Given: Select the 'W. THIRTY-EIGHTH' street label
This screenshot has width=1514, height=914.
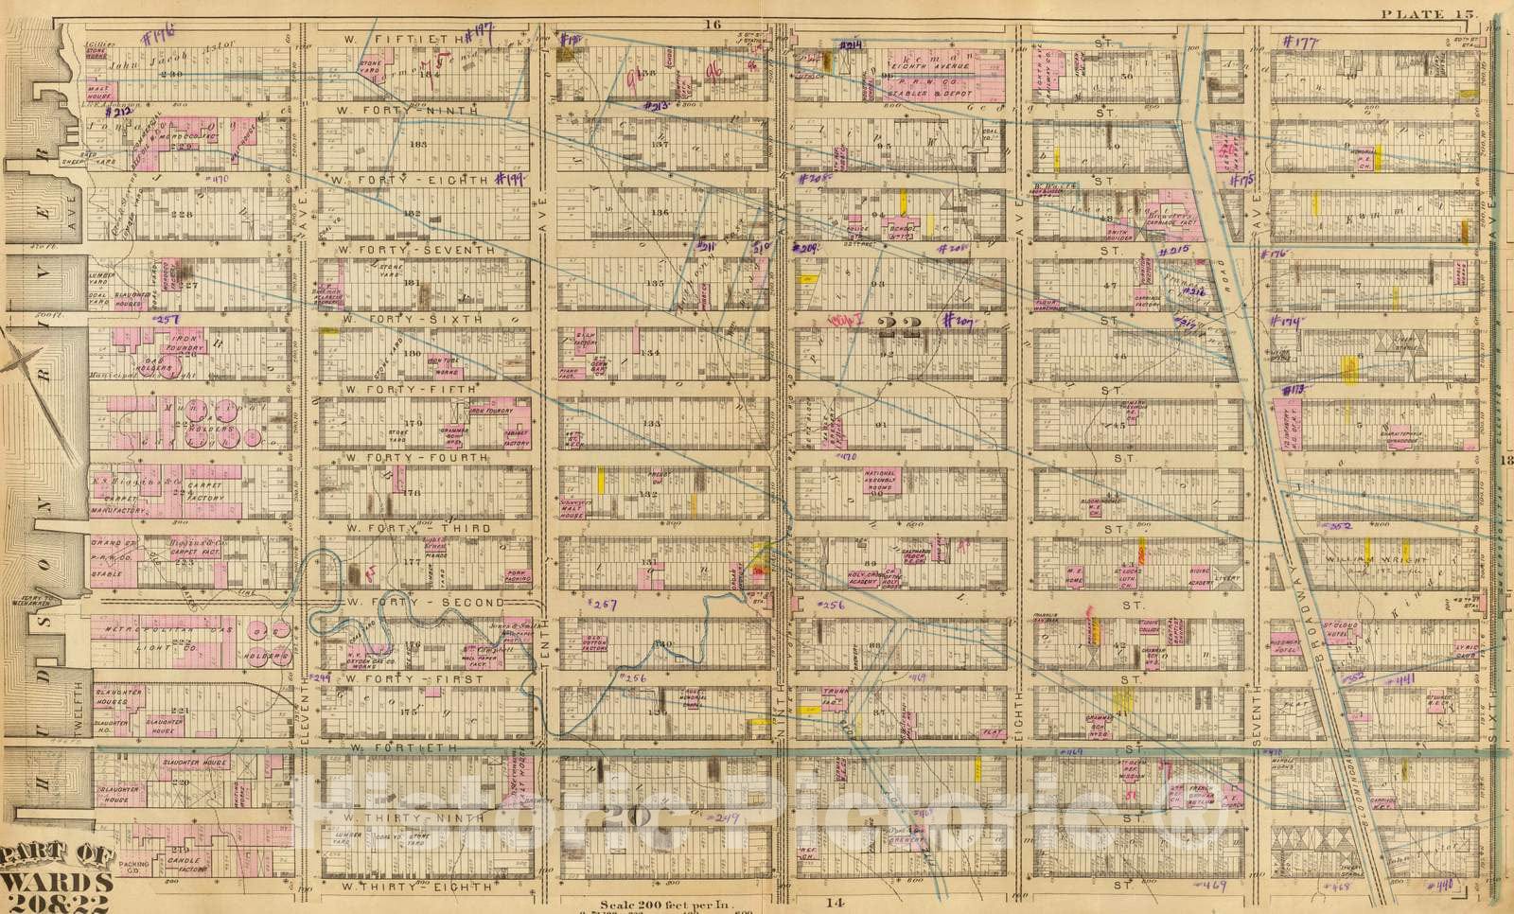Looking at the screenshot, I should coord(415,888).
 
